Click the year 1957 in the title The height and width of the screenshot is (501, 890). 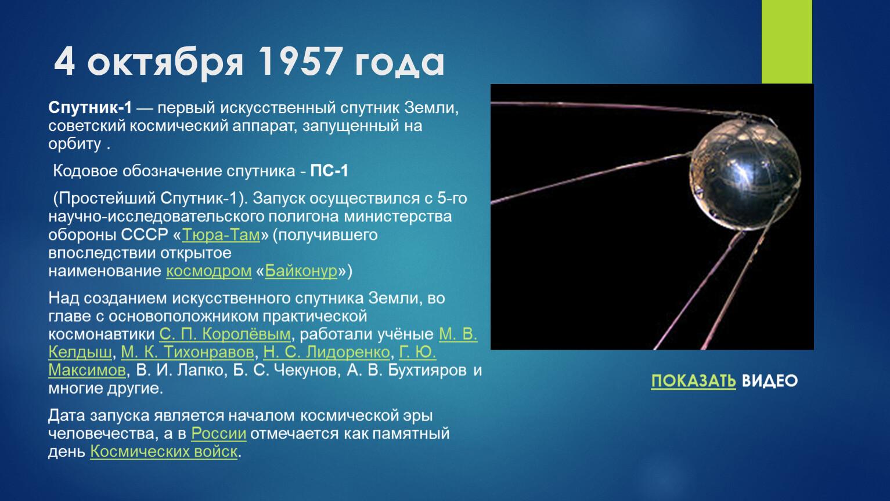pos(301,61)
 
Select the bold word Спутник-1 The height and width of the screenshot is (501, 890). pos(90,108)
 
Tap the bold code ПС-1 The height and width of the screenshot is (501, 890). pos(329,171)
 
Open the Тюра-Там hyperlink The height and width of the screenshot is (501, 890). pos(221,235)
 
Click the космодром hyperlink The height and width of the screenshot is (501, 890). pos(209,271)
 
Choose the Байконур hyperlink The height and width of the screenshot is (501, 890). pos(301,271)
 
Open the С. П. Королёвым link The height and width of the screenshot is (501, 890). pos(225,334)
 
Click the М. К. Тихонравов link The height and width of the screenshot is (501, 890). pos(188,352)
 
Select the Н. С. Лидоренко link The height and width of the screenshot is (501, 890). pos(327,352)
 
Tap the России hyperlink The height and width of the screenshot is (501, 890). pos(218,434)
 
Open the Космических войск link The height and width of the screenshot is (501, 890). pos(164,452)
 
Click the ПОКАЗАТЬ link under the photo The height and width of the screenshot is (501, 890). pos(693,381)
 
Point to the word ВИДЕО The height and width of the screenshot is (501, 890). pos(770,381)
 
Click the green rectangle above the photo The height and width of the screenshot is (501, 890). pos(787,42)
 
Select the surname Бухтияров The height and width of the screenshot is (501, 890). pos(427,371)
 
